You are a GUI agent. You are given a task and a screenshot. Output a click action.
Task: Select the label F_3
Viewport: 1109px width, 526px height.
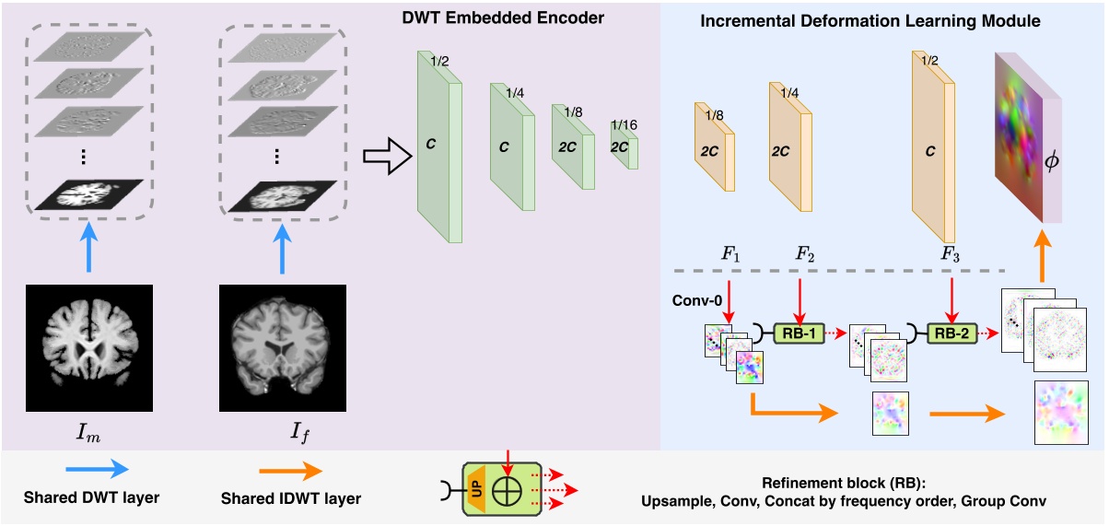point(951,253)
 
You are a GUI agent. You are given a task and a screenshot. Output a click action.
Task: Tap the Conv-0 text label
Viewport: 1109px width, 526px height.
point(693,302)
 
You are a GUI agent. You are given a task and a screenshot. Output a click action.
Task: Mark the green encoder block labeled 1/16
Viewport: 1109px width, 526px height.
point(624,146)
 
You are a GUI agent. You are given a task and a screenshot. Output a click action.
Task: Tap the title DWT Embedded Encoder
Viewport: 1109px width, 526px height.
point(531,18)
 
